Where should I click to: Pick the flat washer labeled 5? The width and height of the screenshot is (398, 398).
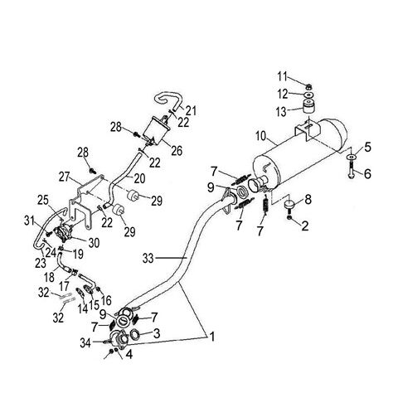[352, 157]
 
